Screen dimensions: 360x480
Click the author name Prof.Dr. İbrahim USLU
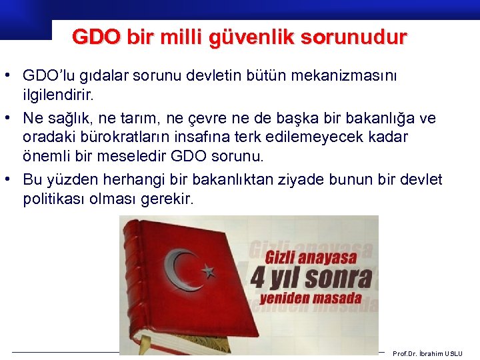(x=427, y=353)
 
